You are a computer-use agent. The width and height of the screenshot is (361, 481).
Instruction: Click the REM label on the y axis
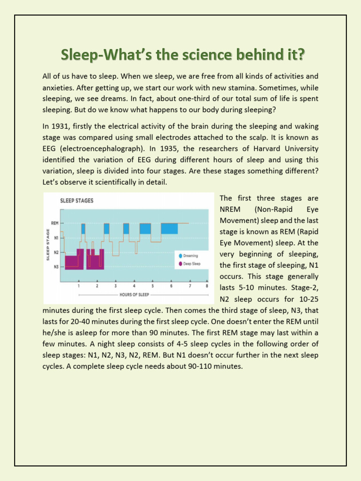(x=55, y=223)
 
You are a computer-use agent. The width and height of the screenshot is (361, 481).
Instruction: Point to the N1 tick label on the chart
(x=55, y=238)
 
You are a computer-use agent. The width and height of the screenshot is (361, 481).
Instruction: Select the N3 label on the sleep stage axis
(x=55, y=267)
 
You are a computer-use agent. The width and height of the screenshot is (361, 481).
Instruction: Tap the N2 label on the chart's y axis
(x=55, y=252)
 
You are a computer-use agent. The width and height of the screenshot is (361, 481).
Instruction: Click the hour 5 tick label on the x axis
(x=152, y=286)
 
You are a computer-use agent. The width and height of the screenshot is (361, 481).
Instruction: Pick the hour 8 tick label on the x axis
(x=207, y=286)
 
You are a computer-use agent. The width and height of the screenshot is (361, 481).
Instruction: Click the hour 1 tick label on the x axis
(x=78, y=286)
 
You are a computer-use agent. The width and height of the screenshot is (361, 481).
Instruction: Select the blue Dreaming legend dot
(x=180, y=256)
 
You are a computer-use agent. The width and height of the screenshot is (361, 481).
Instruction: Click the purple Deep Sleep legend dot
(x=180, y=264)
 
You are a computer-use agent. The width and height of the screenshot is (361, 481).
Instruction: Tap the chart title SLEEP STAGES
(x=77, y=201)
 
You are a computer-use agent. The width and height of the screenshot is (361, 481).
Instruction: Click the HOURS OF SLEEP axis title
(x=134, y=295)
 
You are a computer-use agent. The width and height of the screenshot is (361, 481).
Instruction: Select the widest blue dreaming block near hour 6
(x=169, y=228)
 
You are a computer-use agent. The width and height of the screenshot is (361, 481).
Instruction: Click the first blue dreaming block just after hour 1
(x=83, y=228)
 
